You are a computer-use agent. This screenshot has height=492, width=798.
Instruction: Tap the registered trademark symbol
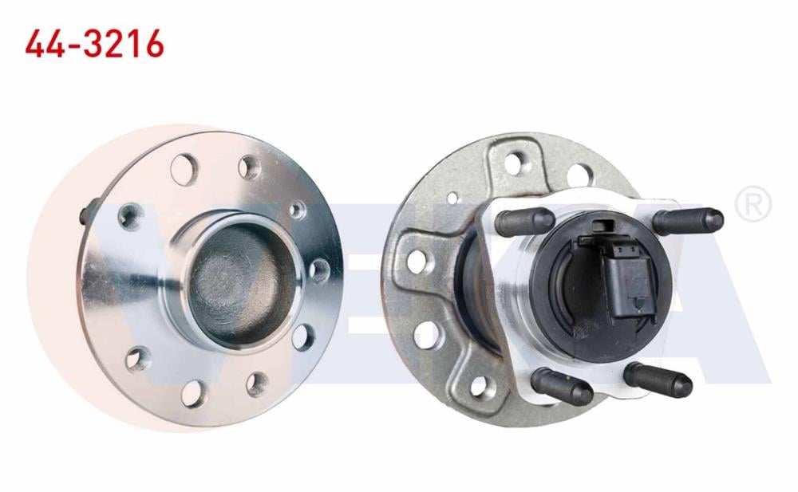pos(753,205)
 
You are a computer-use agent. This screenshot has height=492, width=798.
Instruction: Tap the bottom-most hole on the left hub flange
pos(193,394)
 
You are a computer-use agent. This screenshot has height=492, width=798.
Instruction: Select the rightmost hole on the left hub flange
pos(318,268)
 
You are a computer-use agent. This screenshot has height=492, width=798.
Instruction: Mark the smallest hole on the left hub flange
pos(297,210)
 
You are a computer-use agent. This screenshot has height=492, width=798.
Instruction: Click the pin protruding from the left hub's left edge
pos(84,215)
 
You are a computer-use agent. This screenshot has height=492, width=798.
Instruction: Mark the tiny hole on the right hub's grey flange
pos(452,197)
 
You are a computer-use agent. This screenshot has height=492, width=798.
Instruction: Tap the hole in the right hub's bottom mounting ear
pos(480,386)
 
